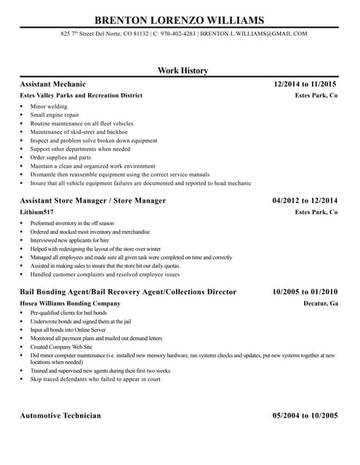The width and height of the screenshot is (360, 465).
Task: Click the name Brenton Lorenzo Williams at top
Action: [x=180, y=19]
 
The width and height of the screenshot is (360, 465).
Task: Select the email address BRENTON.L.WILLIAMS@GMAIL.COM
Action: [x=253, y=33]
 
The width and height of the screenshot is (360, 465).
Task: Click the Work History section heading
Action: [x=183, y=70]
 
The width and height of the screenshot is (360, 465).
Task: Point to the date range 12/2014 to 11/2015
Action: [x=305, y=84]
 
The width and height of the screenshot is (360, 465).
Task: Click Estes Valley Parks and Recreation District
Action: [x=81, y=96]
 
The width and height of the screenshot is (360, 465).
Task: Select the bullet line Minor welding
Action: [x=49, y=107]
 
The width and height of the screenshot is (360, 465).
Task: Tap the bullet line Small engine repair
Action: [x=55, y=115]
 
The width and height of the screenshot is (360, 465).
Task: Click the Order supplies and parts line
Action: [x=60, y=158]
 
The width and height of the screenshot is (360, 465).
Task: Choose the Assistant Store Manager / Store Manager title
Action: [x=93, y=200]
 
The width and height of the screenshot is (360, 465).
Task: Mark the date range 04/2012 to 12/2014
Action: [x=305, y=200]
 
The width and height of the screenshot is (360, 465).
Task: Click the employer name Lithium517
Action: [x=37, y=212]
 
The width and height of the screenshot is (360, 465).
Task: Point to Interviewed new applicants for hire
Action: [x=70, y=240]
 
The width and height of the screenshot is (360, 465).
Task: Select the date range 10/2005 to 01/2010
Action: [x=305, y=291]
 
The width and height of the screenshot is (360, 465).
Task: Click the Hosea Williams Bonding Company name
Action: [x=71, y=303]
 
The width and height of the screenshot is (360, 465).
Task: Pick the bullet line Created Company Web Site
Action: [x=62, y=347]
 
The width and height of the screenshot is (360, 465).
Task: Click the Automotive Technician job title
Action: [x=60, y=416]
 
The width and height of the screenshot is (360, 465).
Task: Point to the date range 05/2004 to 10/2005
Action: [x=305, y=416]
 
